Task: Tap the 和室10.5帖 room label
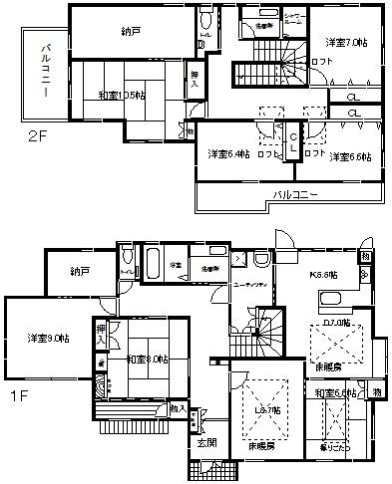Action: coord(122,96)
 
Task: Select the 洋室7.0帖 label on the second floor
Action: coord(346,43)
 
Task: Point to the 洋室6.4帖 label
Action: coord(226,155)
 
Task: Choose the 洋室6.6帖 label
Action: coord(351,156)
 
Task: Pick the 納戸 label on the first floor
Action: coord(81,271)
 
